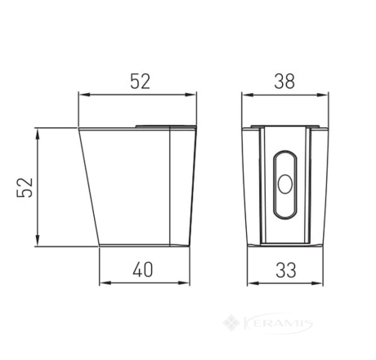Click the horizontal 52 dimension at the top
(x=140, y=82)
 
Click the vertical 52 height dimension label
(x=25, y=188)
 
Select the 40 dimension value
(x=143, y=269)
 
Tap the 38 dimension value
(x=284, y=82)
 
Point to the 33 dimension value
(x=285, y=270)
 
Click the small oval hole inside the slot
(x=285, y=184)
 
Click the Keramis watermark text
(x=278, y=323)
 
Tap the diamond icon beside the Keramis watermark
(x=231, y=323)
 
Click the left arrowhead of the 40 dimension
(x=105, y=283)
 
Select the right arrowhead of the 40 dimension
(x=184, y=283)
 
